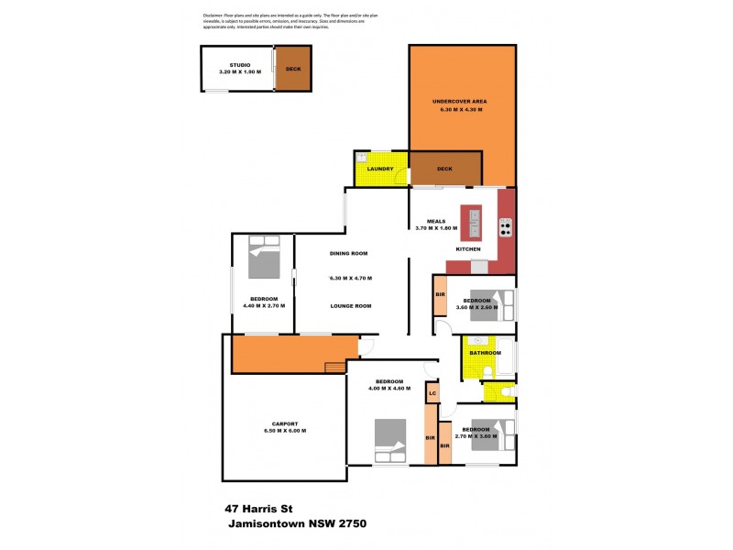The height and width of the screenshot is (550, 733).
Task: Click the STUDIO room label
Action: (x=240, y=64)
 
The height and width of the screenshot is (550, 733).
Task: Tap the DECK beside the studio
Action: (x=292, y=69)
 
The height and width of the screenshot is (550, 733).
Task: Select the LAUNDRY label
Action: (x=379, y=169)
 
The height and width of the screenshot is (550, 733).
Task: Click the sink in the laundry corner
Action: (x=362, y=157)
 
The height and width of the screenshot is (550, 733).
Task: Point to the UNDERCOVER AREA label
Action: (x=461, y=101)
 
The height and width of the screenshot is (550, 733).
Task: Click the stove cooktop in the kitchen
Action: (x=505, y=226)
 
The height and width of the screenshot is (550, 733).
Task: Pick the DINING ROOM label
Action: (x=349, y=253)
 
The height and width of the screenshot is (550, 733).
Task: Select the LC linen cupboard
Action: (x=432, y=393)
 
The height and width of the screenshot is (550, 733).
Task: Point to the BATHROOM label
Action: (x=485, y=353)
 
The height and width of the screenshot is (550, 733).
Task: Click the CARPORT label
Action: (x=284, y=423)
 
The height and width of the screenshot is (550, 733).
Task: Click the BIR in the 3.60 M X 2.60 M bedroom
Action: (x=440, y=294)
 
